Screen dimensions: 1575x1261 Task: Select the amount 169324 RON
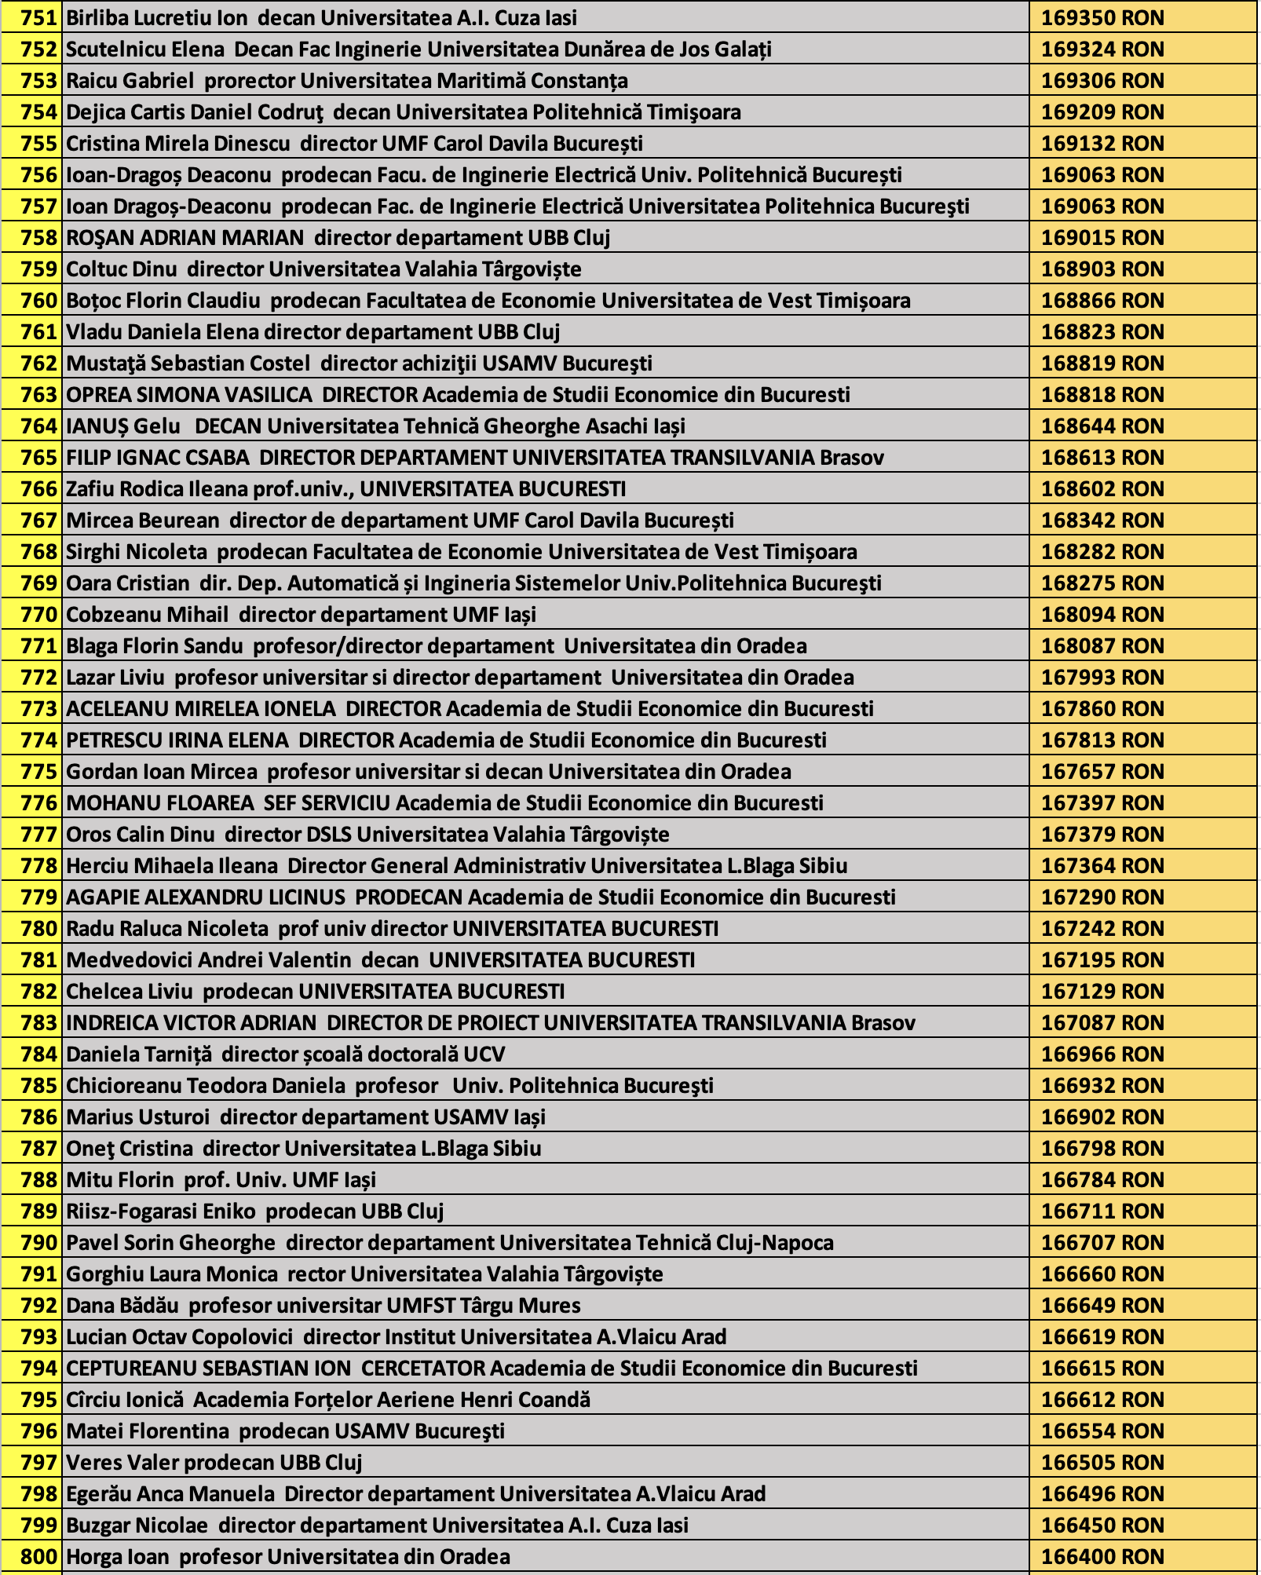tap(1102, 49)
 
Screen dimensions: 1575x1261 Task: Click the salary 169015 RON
tap(1102, 238)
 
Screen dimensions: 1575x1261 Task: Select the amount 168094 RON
tap(1102, 615)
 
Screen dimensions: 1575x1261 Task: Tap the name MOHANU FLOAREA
tap(159, 803)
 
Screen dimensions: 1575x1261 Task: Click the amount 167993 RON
tap(1102, 678)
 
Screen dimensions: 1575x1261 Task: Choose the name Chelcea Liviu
tap(129, 992)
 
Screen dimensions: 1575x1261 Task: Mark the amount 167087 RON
tap(1102, 1023)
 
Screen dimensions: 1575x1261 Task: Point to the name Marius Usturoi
tap(137, 1117)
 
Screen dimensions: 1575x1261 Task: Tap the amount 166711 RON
tap(1102, 1211)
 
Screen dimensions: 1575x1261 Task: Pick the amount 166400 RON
tap(1102, 1557)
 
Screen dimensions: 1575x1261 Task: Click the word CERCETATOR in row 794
tap(423, 1369)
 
